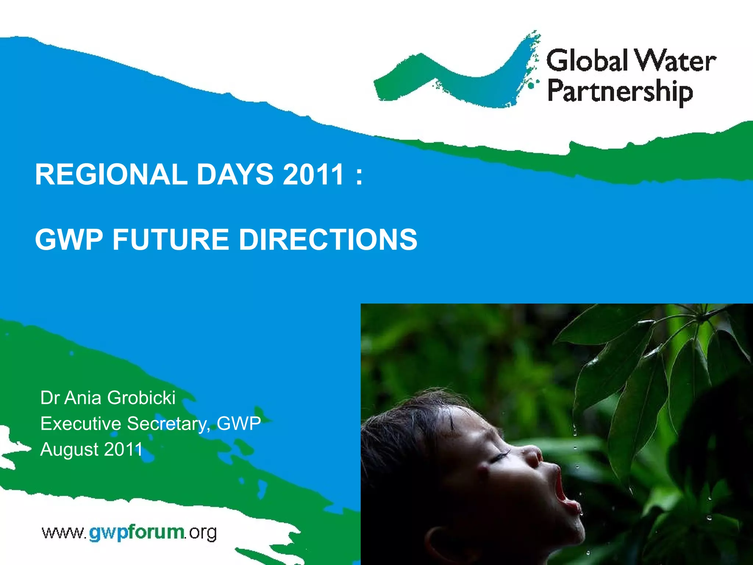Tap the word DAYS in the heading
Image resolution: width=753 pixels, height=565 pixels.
tap(235, 174)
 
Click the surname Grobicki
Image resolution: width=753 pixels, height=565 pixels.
tap(142, 398)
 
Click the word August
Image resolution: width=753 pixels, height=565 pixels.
tap(69, 449)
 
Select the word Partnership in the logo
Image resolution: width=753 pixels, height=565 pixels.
tap(620, 92)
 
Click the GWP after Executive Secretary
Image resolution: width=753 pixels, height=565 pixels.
tap(239, 424)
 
